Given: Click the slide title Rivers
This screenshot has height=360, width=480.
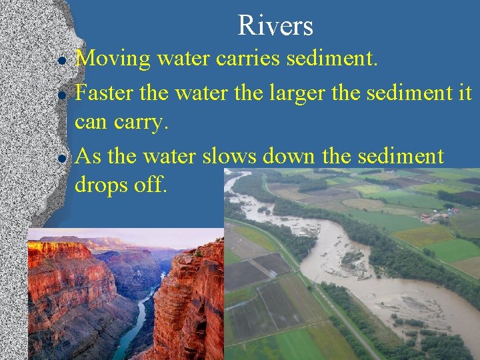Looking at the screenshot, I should [275, 26].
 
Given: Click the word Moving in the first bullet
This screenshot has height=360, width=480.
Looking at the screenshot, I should [113, 59].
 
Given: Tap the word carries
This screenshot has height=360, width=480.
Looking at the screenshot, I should [249, 59].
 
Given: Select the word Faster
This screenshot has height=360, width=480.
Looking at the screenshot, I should [105, 93].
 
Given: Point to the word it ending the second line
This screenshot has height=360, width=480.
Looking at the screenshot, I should [465, 93].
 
